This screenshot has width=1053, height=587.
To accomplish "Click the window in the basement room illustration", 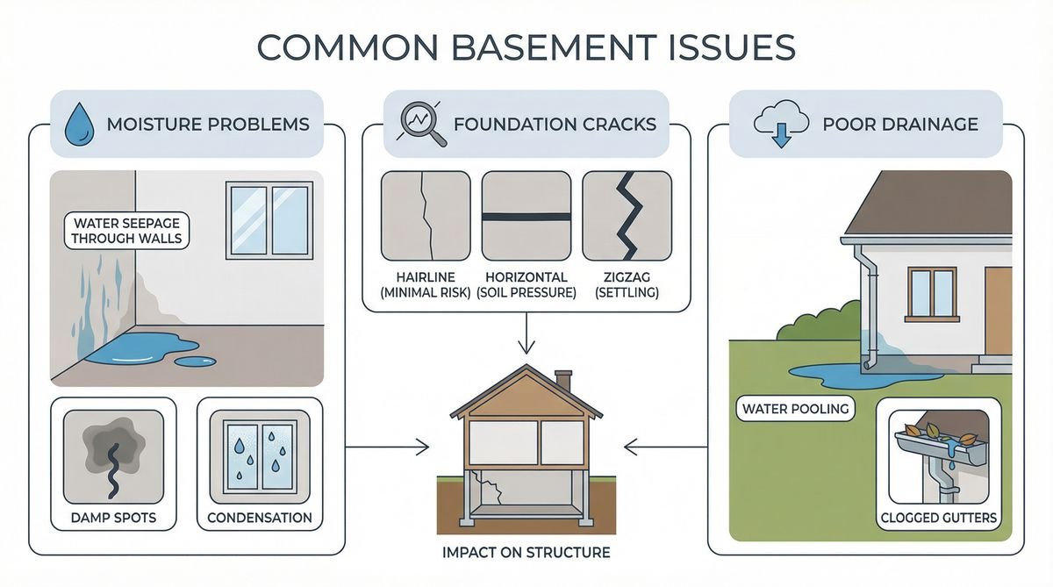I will (269, 219).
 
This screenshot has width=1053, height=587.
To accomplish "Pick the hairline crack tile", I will (426, 216).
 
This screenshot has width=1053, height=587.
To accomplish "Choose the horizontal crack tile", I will (526, 216).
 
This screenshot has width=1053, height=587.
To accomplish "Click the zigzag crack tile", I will (627, 216).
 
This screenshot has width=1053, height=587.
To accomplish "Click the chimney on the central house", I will (563, 381).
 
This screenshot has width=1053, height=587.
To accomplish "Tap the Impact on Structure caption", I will (526, 553).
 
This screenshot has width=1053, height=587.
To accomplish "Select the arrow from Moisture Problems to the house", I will (386, 447).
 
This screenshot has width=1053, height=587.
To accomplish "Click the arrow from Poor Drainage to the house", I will (667, 447).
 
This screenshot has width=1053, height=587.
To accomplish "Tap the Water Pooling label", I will (784, 408).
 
